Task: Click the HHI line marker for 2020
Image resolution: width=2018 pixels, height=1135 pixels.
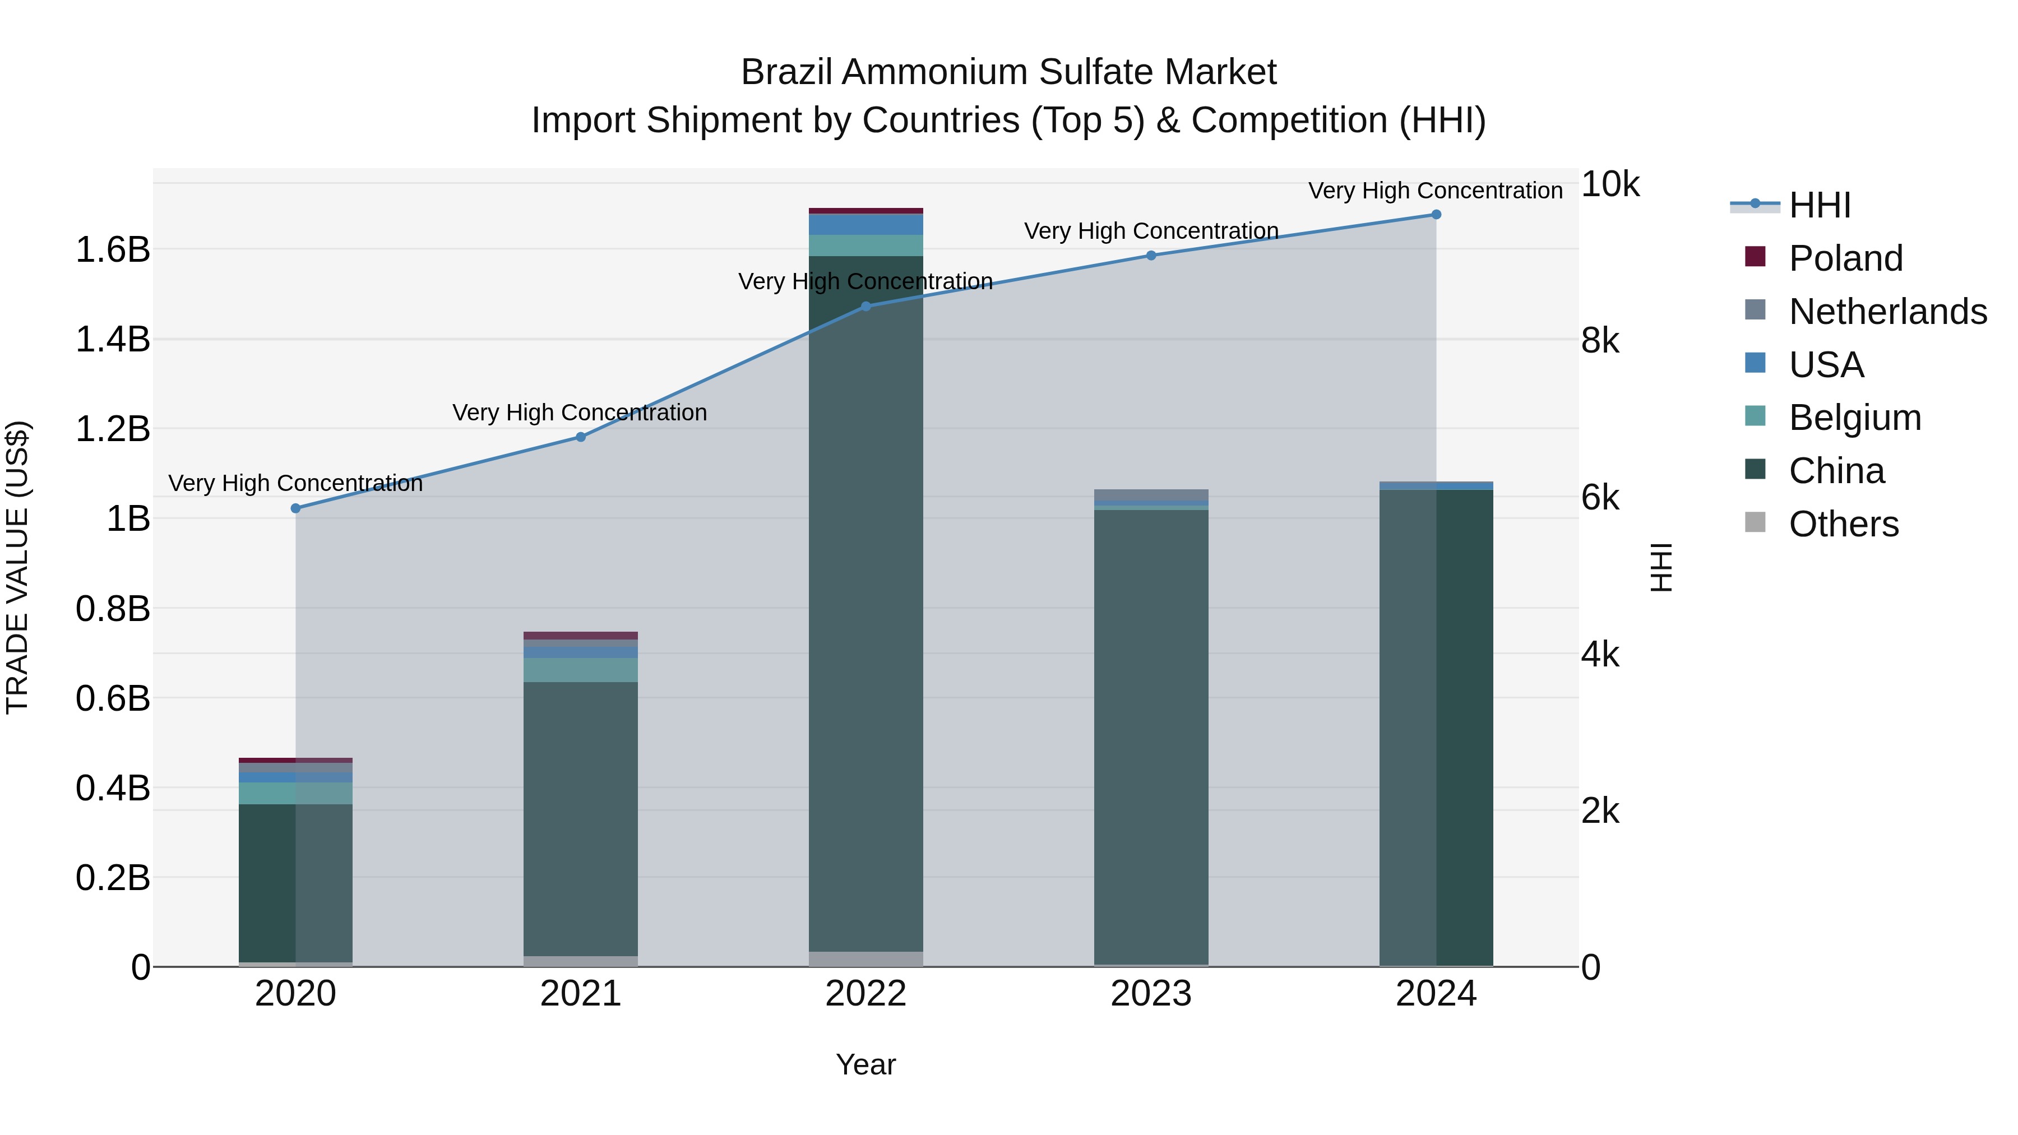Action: point(295,508)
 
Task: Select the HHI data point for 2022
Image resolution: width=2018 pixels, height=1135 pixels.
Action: point(865,306)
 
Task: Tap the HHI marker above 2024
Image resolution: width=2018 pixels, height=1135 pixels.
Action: point(1436,215)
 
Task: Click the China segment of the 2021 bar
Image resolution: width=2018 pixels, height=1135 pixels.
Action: point(581,818)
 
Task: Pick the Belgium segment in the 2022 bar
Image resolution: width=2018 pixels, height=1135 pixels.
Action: point(865,245)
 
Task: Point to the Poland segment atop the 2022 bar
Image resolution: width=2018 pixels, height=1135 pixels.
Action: point(865,211)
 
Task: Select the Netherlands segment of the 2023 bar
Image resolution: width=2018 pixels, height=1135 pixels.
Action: point(1151,494)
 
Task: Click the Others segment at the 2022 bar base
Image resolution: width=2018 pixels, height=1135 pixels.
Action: point(865,959)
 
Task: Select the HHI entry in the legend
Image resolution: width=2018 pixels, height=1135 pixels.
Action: point(1819,205)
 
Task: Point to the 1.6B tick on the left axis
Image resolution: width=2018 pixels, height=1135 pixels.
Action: point(112,250)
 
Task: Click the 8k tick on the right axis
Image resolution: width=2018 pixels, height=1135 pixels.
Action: point(1600,341)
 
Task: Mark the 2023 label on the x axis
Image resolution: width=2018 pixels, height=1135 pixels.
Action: point(1151,994)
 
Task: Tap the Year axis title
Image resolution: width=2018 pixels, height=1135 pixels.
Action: point(865,1064)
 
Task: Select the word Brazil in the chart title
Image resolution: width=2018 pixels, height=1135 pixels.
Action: point(788,72)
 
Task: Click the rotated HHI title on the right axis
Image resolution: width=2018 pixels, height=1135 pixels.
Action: point(1661,567)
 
